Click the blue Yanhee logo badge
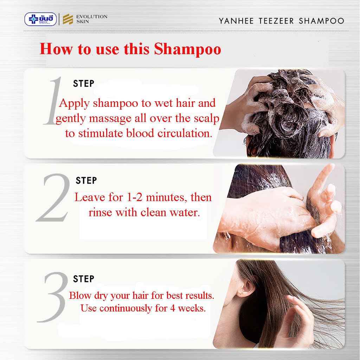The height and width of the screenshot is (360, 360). click(40, 19)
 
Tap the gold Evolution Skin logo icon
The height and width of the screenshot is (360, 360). click(65, 19)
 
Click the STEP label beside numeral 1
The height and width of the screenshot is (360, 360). click(84, 84)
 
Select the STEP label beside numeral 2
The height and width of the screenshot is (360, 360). click(86, 181)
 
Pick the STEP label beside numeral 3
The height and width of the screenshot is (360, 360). click(84, 279)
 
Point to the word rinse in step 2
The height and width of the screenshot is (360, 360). click(100, 213)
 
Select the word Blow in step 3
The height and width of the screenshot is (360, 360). click(79, 295)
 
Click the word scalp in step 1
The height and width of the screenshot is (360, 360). click(206, 118)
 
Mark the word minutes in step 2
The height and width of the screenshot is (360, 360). click(165, 197)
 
